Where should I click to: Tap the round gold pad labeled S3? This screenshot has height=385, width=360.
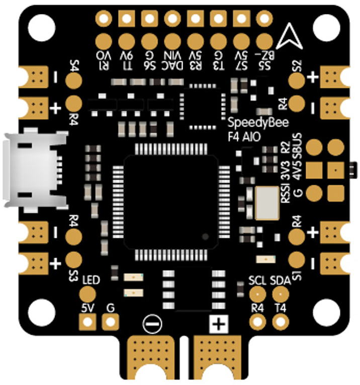click(x=74, y=260)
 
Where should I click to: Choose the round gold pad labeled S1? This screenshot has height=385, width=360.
click(x=297, y=260)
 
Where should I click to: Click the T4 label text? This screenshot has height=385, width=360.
click(x=280, y=308)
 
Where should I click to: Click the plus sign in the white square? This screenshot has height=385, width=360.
click(x=218, y=324)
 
